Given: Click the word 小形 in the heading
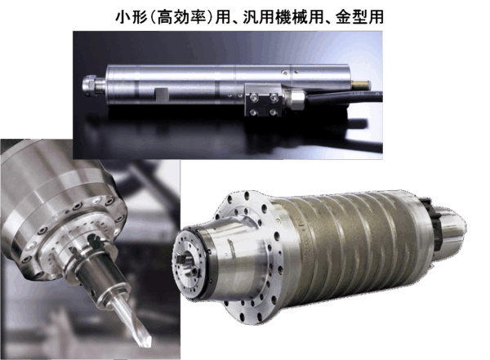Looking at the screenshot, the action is pyautogui.click(x=131, y=17).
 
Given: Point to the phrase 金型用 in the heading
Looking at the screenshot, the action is pyautogui.click(x=359, y=17).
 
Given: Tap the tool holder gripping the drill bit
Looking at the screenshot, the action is pyautogui.click(x=100, y=275).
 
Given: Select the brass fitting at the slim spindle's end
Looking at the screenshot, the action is pyautogui.click(x=360, y=83).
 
